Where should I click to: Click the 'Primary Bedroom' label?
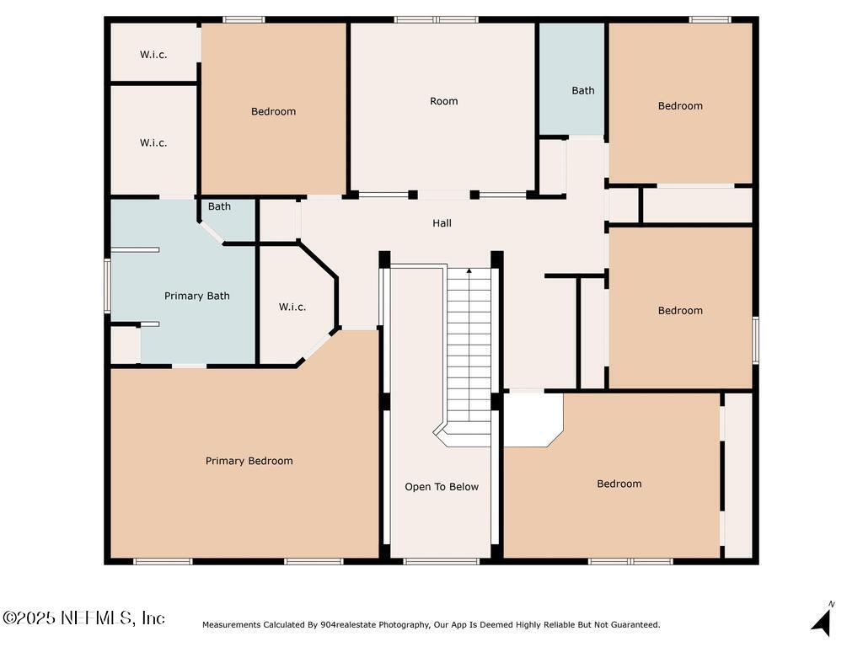pyautogui.click(x=249, y=461)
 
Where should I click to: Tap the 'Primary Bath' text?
pyautogui.click(x=196, y=296)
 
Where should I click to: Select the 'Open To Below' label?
pyautogui.click(x=442, y=487)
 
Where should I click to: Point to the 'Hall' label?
pyautogui.click(x=442, y=223)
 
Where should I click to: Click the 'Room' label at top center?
pyautogui.click(x=444, y=101)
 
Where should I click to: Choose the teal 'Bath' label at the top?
pyautogui.click(x=583, y=91)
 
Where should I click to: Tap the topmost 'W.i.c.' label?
pyautogui.click(x=153, y=55)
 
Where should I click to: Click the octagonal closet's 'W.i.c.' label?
pyautogui.click(x=292, y=307)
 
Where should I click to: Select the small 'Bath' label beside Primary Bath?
pyautogui.click(x=220, y=206)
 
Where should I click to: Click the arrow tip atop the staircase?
pyautogui.click(x=469, y=270)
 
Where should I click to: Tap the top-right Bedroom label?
pyautogui.click(x=680, y=106)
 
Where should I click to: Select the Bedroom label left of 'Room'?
pyautogui.click(x=274, y=112)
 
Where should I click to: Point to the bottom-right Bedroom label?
pyautogui.click(x=619, y=484)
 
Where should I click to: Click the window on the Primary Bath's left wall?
pyautogui.click(x=107, y=286)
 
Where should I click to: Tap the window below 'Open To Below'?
pyautogui.click(x=441, y=561)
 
